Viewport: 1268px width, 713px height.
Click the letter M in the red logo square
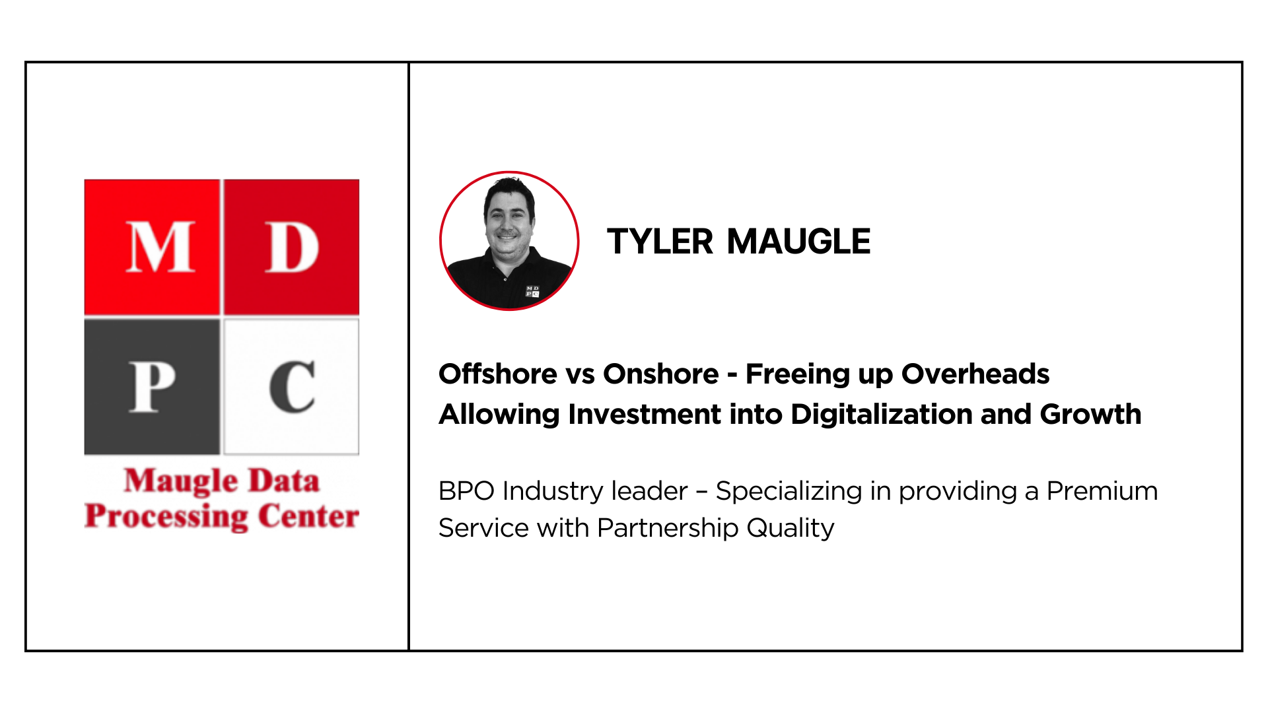tap(160, 247)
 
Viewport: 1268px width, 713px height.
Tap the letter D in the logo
tap(292, 247)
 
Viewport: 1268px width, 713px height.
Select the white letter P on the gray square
tap(152, 388)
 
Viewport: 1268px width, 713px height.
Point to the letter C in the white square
tap(292, 387)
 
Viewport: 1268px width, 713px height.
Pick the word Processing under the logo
tap(166, 516)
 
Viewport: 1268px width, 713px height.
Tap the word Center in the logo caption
tap(308, 516)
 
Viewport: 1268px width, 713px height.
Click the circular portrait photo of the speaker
tap(509, 241)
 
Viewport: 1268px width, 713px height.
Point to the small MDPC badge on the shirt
tap(532, 291)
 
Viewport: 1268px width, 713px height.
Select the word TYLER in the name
tap(660, 242)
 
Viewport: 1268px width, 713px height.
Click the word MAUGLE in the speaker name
tap(798, 242)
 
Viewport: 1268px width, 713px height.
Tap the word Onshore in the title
tap(660, 374)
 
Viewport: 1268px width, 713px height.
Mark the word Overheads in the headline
tap(975, 374)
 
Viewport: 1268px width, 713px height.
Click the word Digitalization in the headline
tap(882, 415)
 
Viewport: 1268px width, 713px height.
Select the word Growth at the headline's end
tap(1090, 414)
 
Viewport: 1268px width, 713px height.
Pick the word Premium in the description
tap(1102, 491)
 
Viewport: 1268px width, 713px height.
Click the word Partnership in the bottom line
tap(668, 529)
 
